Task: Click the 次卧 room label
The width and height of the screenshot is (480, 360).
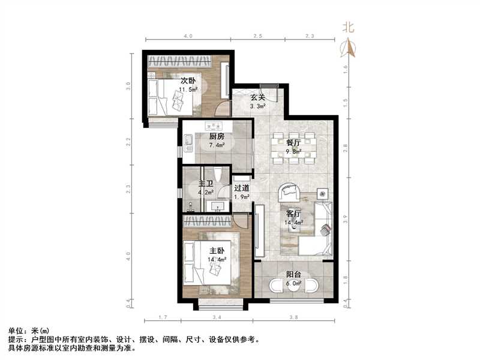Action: pos(188,81)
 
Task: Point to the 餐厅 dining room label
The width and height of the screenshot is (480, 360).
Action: pos(293,143)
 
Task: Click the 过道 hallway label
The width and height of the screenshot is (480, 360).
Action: pos(242,188)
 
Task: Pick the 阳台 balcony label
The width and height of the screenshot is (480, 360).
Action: pos(293,277)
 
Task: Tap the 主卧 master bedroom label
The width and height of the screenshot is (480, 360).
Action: pos(217,251)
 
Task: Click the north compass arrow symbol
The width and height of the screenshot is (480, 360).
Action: pos(348,47)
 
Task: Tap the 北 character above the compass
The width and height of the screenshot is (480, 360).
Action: pos(348,27)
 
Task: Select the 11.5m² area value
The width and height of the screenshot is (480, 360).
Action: pos(188,90)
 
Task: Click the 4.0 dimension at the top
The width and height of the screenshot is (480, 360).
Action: pos(188,37)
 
